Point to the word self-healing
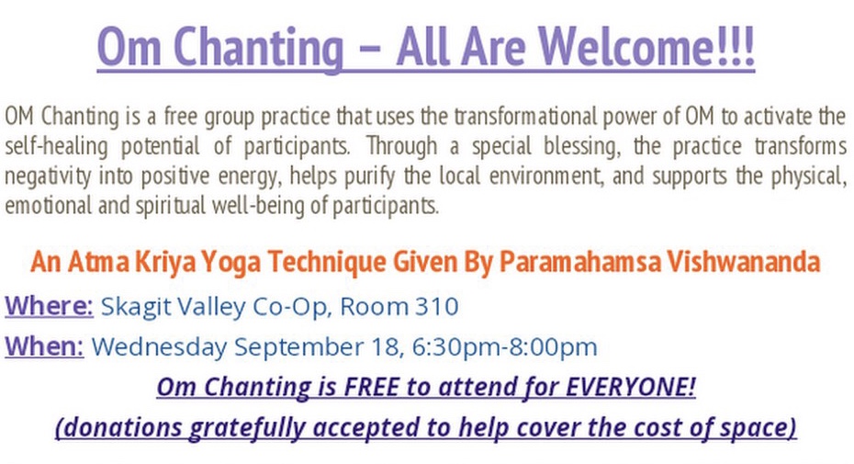coord(57,147)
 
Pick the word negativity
coord(49,176)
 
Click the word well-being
coord(258,206)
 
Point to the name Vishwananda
coord(744,262)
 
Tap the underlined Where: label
coord(49,306)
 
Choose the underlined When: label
coord(44,346)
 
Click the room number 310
coord(437,306)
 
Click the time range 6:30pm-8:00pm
coord(504,346)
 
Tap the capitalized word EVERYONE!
coord(631,387)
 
